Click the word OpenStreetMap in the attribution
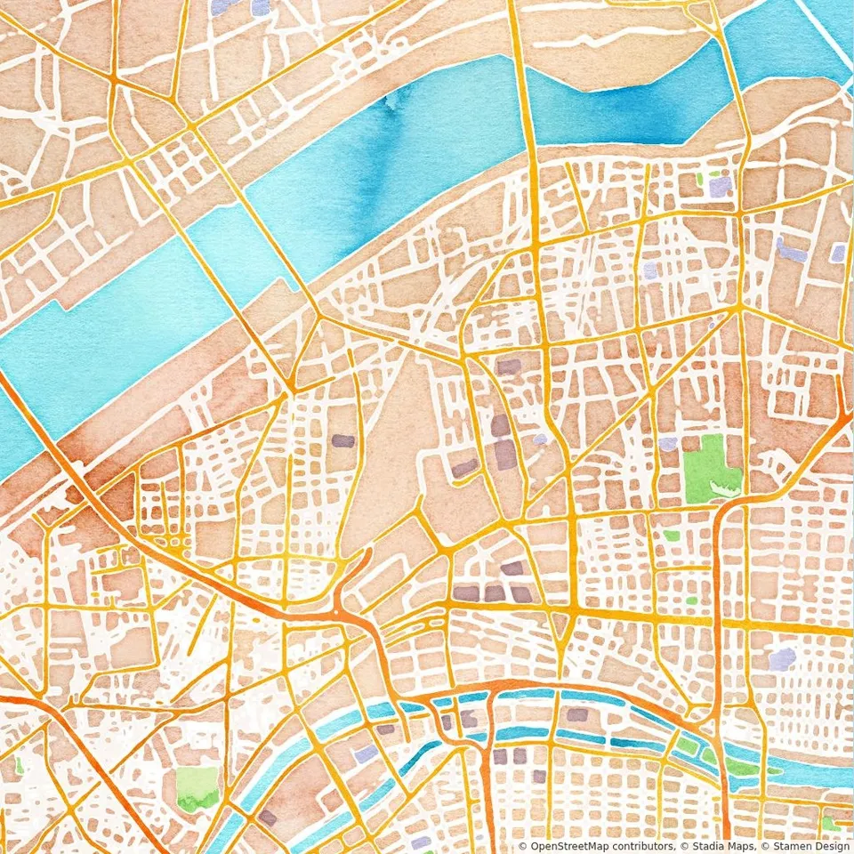coord(564,846)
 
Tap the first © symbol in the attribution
coord(522,846)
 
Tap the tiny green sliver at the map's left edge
coord(19,764)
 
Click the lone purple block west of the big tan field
coord(342,440)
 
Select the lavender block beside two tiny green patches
coord(719,186)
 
